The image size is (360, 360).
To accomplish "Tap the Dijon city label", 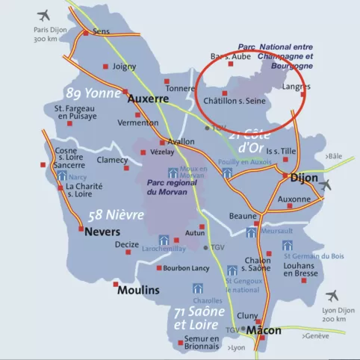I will tap(302, 179).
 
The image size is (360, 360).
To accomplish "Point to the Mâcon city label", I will tap(264, 330).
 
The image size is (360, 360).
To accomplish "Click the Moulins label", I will tap(138, 290).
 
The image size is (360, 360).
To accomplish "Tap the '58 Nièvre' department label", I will tap(116, 214).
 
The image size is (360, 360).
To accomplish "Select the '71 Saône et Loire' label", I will tap(196, 317).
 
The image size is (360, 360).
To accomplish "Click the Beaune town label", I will tap(242, 216).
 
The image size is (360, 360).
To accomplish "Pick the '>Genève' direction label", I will tap(316, 337).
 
